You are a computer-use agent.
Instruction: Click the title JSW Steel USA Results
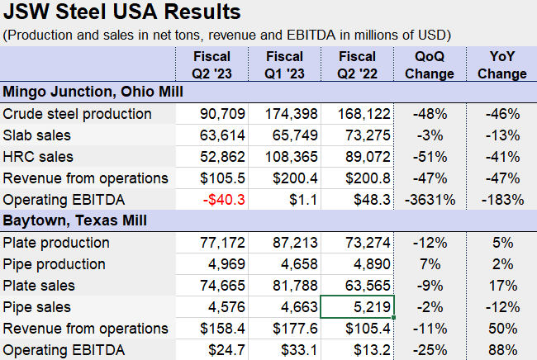point(122,12)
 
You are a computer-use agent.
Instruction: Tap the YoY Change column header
point(501,65)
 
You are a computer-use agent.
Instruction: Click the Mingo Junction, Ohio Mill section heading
point(86,92)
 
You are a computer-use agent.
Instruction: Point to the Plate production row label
point(56,243)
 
